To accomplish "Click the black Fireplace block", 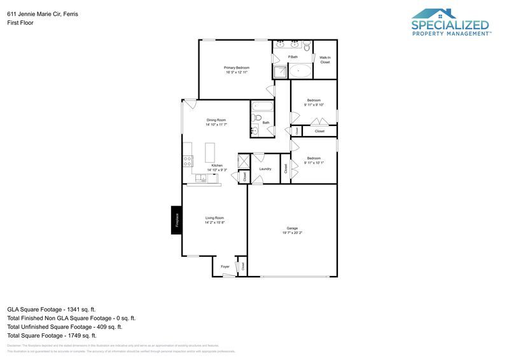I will (177, 220).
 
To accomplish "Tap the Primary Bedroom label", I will (236, 67).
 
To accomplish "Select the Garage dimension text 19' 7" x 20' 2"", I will (292, 233).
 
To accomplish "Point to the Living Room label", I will (214, 218).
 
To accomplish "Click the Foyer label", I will (225, 267).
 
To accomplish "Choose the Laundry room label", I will (265, 169).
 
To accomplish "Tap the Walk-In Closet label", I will (325, 60).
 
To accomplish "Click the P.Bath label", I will (293, 57).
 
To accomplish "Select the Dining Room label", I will (216, 120).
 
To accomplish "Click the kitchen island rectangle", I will (210, 153).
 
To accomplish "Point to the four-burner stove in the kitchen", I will (188, 162).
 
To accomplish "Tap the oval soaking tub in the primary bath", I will (301, 71).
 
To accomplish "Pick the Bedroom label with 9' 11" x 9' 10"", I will (314, 100).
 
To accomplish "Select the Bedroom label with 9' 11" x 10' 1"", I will (314, 158).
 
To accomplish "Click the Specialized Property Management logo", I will (450, 22).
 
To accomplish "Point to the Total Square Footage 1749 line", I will (51, 335).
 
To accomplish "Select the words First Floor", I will (20, 22).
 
